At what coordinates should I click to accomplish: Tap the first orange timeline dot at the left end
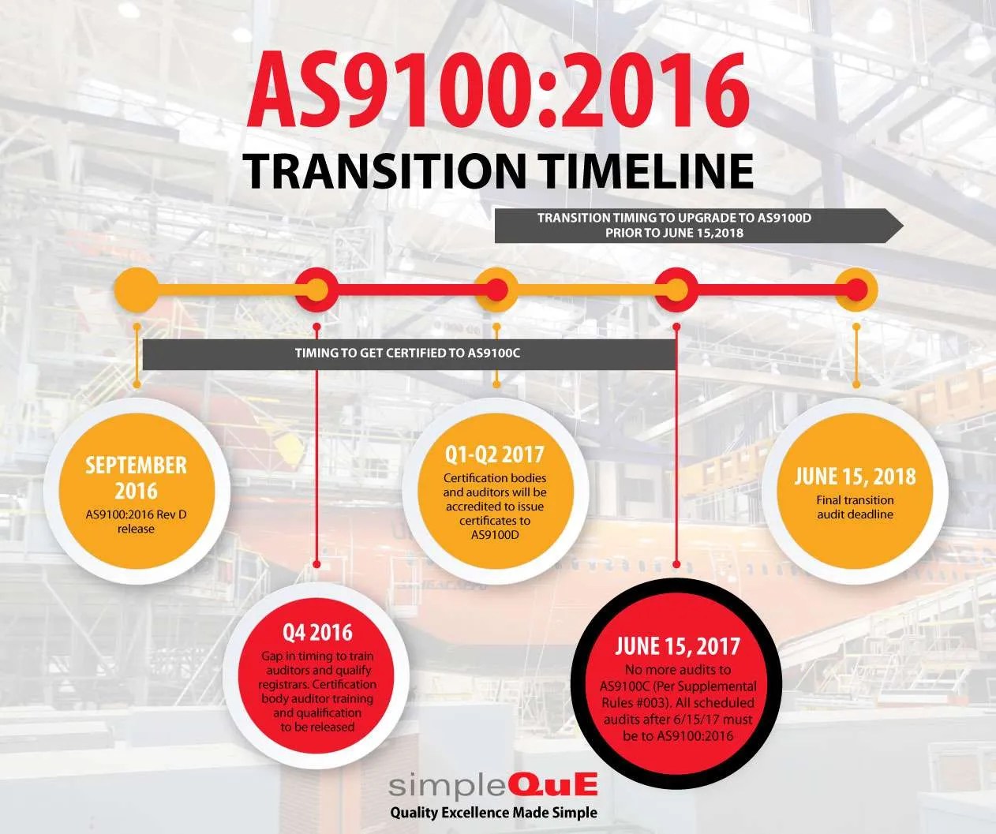pyautogui.click(x=137, y=290)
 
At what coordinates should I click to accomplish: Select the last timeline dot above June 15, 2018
pyautogui.click(x=856, y=290)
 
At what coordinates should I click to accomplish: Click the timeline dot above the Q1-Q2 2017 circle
pyautogui.click(x=496, y=290)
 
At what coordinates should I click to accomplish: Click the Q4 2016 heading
pyautogui.click(x=317, y=632)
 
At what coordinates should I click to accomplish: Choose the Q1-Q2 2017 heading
pyautogui.click(x=495, y=454)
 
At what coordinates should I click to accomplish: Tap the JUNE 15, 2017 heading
pyautogui.click(x=677, y=646)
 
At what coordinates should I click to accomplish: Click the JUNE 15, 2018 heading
pyautogui.click(x=856, y=477)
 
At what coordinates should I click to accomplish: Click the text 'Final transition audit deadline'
pyautogui.click(x=856, y=507)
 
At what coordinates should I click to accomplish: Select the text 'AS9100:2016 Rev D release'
pyautogui.click(x=136, y=522)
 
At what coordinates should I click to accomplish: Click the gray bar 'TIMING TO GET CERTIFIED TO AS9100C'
pyautogui.click(x=407, y=353)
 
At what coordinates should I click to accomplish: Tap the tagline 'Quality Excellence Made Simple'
pyautogui.click(x=493, y=813)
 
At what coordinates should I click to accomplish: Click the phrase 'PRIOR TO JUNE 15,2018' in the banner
pyautogui.click(x=674, y=233)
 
